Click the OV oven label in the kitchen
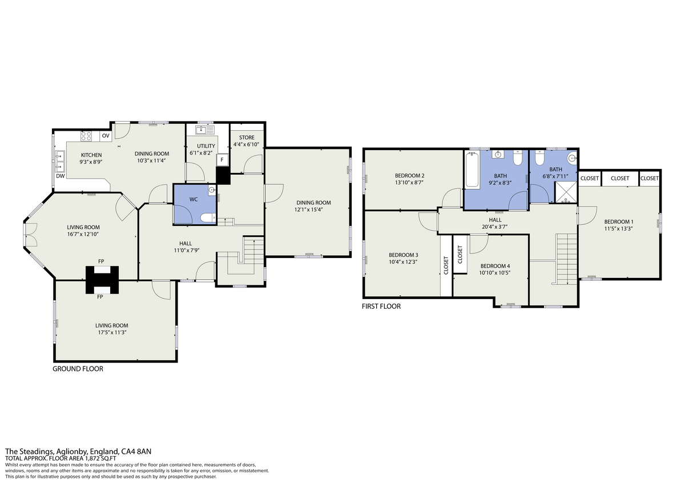(106, 136)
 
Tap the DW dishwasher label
(61, 176)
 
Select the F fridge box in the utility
(222, 160)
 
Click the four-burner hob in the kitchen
(86, 136)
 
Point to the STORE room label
(247, 138)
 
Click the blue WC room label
(194, 200)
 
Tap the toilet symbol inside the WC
(208, 217)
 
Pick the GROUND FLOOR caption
(78, 369)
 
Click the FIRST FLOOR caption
(381, 306)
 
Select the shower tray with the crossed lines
(566, 192)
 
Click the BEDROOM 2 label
(409, 175)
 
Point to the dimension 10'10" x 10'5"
(495, 273)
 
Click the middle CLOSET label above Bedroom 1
(620, 178)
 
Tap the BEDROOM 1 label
(619, 221)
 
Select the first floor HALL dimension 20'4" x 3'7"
(495, 227)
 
